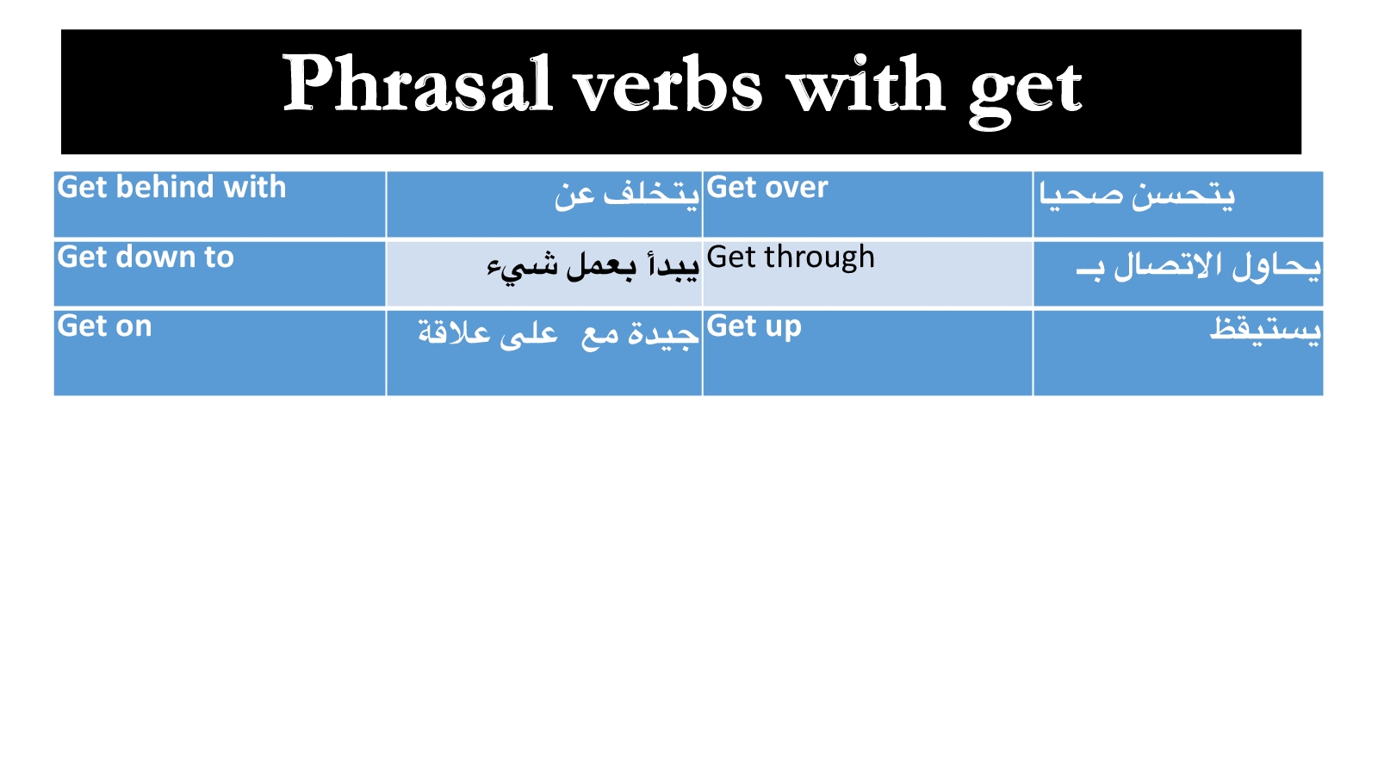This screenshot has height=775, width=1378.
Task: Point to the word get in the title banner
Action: pos(1025,92)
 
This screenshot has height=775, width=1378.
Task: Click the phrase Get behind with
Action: pos(171,187)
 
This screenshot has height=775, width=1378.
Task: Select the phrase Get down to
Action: pos(146,257)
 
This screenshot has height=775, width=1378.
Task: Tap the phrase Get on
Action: pos(104,326)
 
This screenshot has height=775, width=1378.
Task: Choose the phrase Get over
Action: pos(767,187)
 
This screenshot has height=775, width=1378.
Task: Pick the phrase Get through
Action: pos(791,258)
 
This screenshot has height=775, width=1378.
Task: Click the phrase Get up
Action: pos(754,327)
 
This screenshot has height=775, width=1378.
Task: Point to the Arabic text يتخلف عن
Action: pos(627,194)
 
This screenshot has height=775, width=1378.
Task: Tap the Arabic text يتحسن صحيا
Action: pos(1137,195)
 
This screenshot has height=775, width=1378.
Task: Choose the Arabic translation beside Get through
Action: pos(1198,266)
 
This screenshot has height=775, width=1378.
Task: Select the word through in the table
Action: pos(819,258)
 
